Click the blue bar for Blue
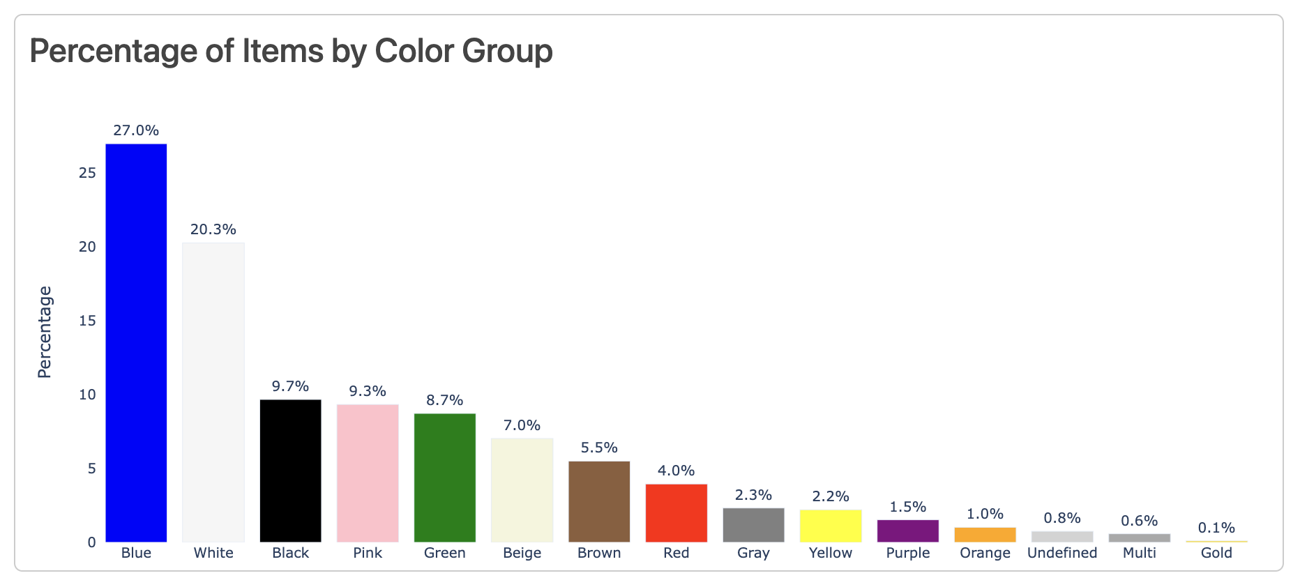tap(136, 342)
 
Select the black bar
tap(290, 471)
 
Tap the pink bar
tap(368, 473)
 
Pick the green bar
tap(445, 478)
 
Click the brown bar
tap(599, 501)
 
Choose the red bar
tap(677, 512)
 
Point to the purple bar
tap(908, 531)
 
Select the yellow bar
tap(831, 526)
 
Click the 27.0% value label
tap(136, 130)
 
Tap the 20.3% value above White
tap(213, 229)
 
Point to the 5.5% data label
tap(599, 448)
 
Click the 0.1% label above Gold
tap(1216, 528)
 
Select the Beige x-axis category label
tap(522, 553)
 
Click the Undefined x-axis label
tap(1062, 553)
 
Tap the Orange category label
tap(985, 553)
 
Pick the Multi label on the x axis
tap(1140, 553)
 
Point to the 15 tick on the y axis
tap(87, 321)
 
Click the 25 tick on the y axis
tap(87, 173)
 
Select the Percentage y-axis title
tap(45, 332)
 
